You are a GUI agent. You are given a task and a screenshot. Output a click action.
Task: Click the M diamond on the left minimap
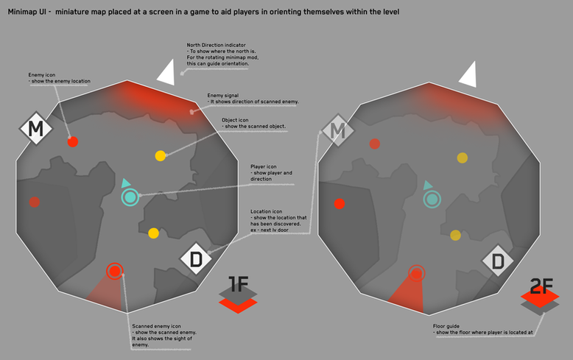(x=34, y=130)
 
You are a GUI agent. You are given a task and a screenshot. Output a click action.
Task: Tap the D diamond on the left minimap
(x=197, y=259)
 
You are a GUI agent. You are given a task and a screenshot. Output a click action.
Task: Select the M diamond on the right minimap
(x=338, y=132)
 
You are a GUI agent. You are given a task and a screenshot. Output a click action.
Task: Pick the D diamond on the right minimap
(x=499, y=261)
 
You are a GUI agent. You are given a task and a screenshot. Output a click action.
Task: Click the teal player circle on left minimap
(x=130, y=197)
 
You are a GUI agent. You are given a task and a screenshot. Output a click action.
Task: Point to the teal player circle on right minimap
(x=432, y=198)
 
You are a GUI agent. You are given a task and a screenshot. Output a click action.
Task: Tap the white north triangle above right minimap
(x=468, y=74)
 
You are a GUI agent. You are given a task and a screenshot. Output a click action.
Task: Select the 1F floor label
(x=238, y=285)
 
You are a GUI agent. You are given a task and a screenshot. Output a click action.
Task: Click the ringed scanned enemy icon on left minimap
(x=114, y=271)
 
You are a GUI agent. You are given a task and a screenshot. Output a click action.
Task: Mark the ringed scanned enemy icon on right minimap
(x=416, y=273)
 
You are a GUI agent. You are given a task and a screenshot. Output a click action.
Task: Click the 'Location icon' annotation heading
(x=267, y=211)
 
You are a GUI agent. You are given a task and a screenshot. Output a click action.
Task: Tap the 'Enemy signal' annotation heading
(x=223, y=95)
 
